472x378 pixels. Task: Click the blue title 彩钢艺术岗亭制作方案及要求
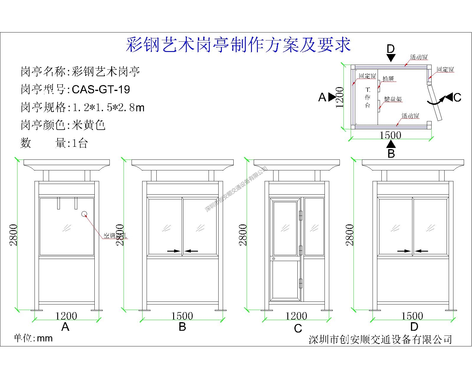tap(238, 45)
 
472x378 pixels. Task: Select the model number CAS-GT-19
tap(101, 89)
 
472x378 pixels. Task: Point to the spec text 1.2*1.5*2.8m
tap(108, 107)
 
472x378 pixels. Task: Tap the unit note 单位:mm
tap(33, 338)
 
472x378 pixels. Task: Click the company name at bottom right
tap(380, 339)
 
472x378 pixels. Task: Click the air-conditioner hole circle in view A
tap(84, 214)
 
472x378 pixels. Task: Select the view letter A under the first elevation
tap(65, 327)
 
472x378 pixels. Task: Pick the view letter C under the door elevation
tap(298, 328)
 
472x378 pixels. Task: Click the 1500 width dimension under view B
tap(182, 316)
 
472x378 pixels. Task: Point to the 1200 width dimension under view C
tap(296, 316)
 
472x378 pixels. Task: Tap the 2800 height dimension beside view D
tap(350, 235)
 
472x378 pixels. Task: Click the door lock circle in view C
tap(273, 259)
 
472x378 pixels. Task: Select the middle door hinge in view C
tap(301, 250)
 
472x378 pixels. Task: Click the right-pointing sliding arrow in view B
tap(174, 251)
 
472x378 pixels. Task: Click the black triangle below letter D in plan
tap(391, 58)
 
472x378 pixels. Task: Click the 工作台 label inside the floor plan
tap(368, 97)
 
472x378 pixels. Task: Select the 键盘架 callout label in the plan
tap(393, 99)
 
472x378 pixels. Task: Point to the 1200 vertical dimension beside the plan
tap(340, 97)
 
